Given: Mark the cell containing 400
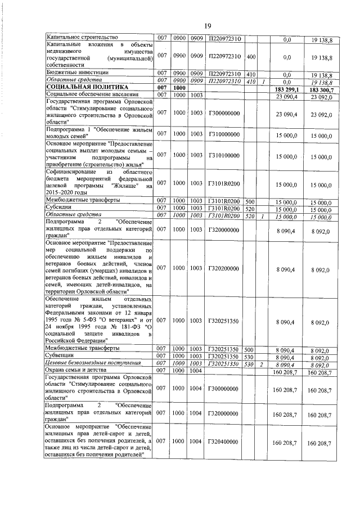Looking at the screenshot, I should click(x=251, y=57).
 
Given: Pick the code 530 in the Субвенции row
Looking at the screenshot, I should click(x=251, y=357).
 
